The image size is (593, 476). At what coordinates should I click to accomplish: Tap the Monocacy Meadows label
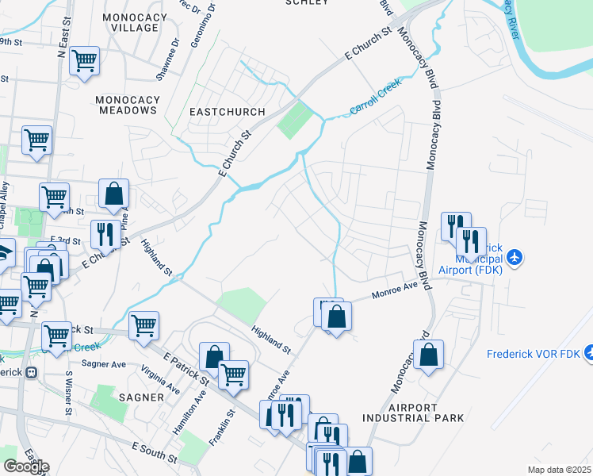coord(127,105)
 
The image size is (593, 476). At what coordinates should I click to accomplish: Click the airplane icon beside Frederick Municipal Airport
coord(516,257)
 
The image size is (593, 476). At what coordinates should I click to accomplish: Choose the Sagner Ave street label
coord(104,364)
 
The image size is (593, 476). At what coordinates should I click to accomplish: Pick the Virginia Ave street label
coord(160,378)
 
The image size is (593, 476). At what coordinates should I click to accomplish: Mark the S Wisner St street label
coord(69,393)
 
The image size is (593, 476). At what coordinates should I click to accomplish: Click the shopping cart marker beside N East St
coord(84,59)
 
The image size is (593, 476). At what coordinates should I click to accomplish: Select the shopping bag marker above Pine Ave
coord(113,193)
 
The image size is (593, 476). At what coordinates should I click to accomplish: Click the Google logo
coord(26,466)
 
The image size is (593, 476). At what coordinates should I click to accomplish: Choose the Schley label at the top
coord(306,2)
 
